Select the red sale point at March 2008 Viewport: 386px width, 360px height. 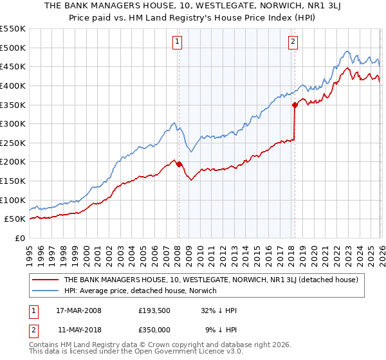179,164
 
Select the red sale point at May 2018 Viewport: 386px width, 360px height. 295,104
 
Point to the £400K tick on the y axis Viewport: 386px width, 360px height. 13,85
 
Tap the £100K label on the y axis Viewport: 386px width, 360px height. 13,200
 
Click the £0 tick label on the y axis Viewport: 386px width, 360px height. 19,238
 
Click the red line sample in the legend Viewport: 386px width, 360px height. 45,280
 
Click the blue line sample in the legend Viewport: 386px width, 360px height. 45,291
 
